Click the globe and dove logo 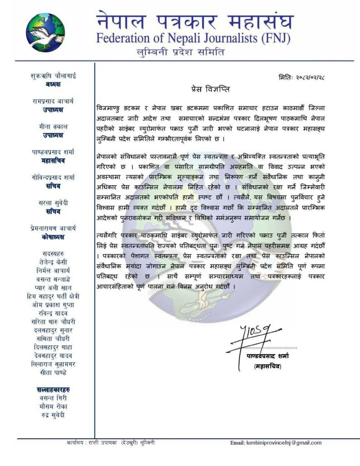[46, 32]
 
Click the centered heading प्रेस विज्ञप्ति [205, 88]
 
